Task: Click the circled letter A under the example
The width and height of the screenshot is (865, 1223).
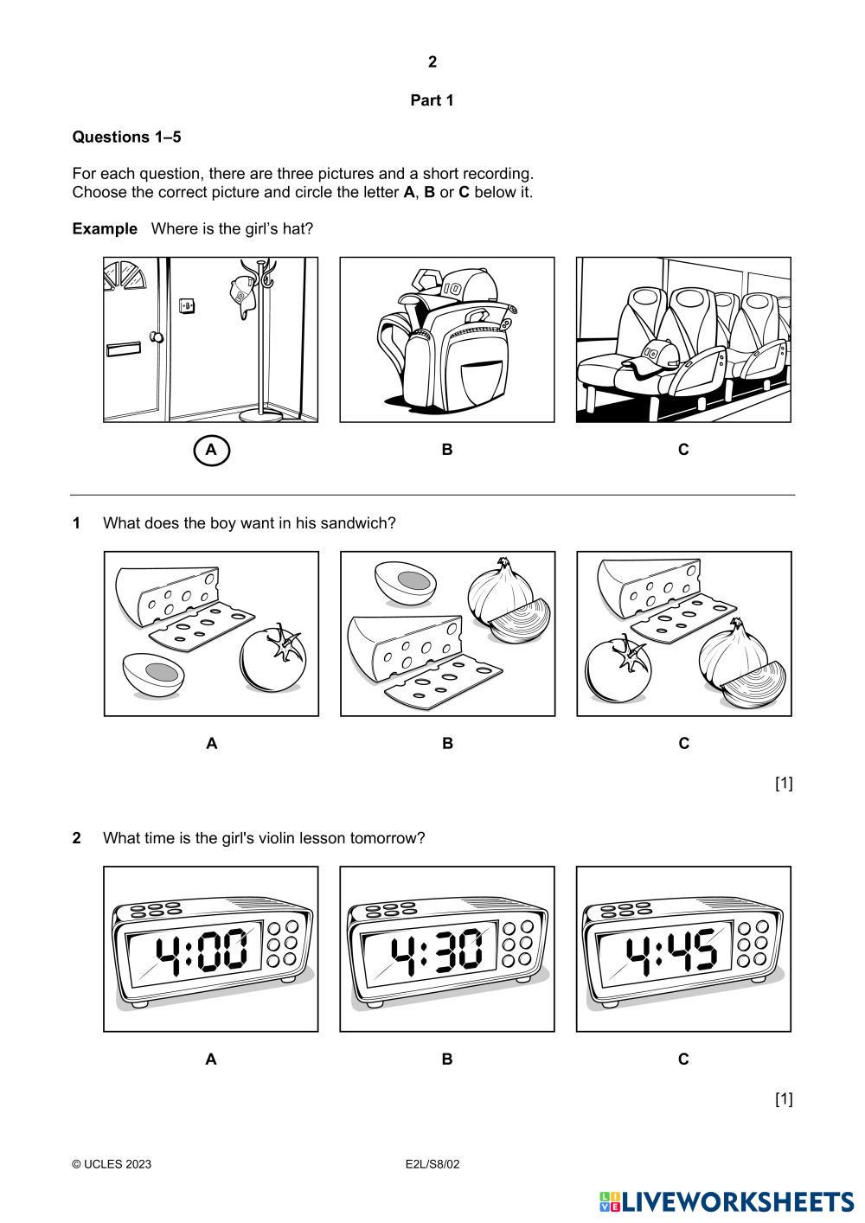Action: [212, 450]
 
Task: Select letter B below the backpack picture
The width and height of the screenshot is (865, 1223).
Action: [447, 450]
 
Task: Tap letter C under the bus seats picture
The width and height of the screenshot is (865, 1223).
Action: [683, 450]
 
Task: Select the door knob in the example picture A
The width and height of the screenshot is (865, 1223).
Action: [157, 337]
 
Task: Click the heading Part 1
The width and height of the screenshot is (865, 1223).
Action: [432, 100]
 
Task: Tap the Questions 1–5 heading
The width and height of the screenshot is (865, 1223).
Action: [126, 137]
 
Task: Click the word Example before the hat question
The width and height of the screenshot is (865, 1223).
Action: [105, 229]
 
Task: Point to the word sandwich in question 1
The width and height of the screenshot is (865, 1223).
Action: [356, 523]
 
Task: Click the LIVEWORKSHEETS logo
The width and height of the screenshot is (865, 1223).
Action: [727, 1201]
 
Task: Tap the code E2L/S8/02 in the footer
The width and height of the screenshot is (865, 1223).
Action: [432, 1164]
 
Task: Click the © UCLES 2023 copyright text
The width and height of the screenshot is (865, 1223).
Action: [112, 1164]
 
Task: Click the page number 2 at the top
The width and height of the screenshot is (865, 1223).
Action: [432, 61]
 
